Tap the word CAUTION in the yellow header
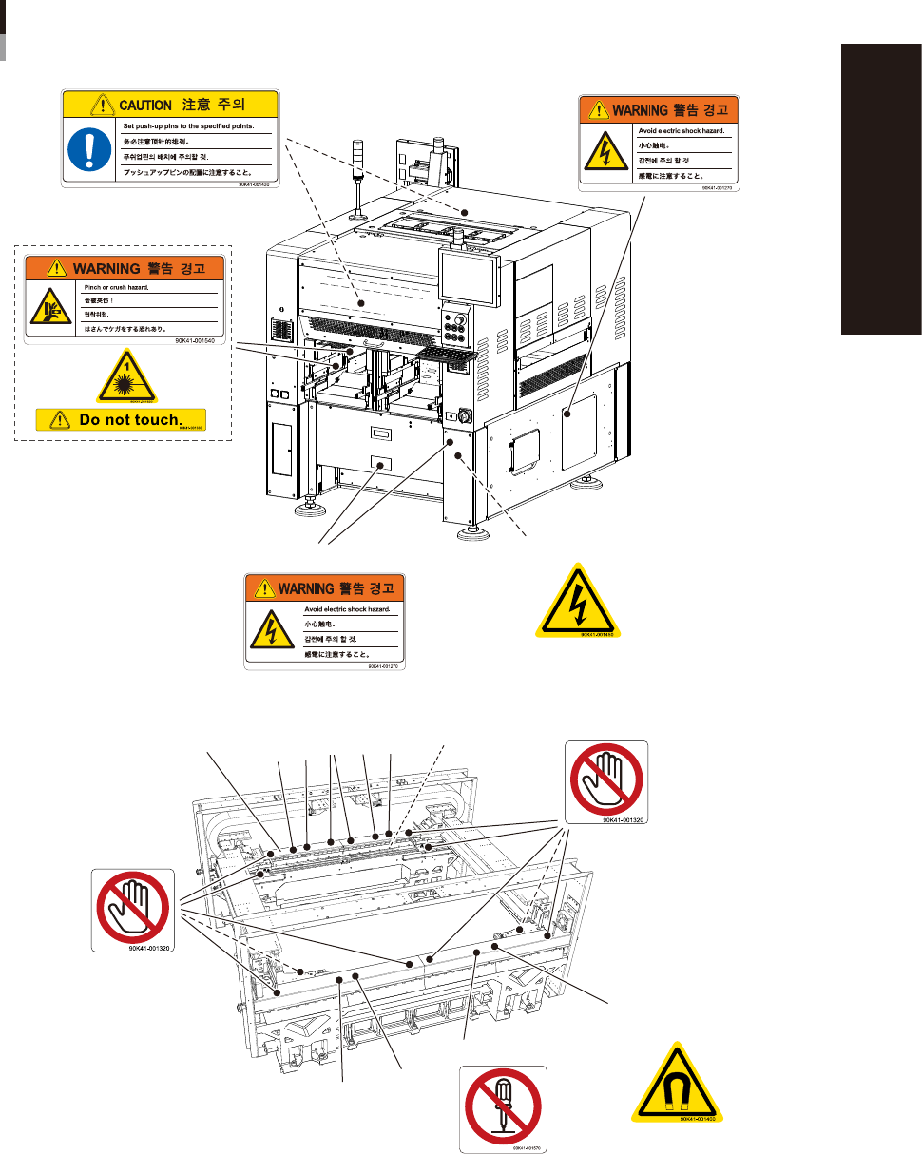(x=144, y=105)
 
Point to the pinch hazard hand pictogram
(x=49, y=306)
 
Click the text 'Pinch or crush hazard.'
(x=110, y=286)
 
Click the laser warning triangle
(x=126, y=379)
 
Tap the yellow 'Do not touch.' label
(x=121, y=418)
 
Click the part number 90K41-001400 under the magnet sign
(x=702, y=1119)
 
